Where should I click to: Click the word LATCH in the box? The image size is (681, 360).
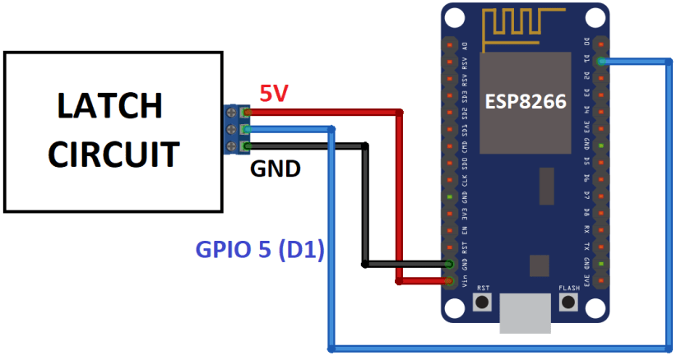(x=109, y=105)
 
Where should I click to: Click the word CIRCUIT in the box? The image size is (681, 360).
(x=113, y=153)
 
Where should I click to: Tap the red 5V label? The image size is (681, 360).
(x=275, y=93)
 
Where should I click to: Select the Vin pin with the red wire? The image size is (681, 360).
(x=449, y=281)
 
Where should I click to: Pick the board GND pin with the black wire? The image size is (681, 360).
(x=449, y=264)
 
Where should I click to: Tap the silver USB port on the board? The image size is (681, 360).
(x=525, y=314)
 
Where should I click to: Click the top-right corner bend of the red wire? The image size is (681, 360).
(x=400, y=112)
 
